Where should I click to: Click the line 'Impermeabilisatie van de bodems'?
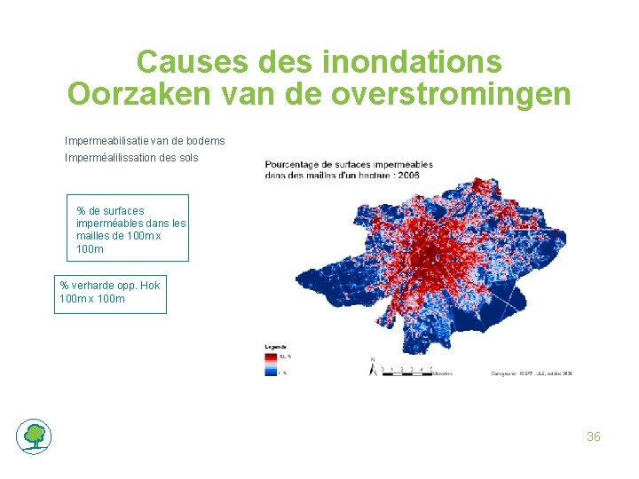point(145,141)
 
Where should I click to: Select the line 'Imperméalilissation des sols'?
point(131,158)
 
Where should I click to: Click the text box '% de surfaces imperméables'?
point(128,228)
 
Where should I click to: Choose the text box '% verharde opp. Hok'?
point(110,292)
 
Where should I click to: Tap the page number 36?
point(594,436)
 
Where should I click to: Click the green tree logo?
point(34,436)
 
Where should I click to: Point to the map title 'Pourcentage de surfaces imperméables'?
point(348,164)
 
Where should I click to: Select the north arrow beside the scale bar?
point(372,365)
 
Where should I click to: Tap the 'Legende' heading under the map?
point(275,346)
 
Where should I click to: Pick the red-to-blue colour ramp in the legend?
point(272,364)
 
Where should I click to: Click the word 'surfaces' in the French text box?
point(122,211)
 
